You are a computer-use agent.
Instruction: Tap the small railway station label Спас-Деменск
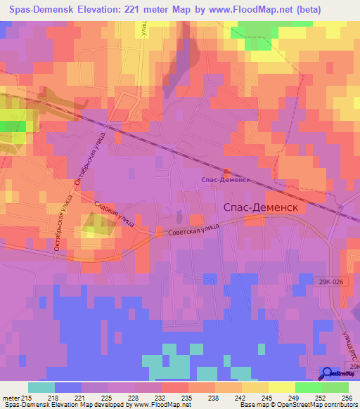pos(226,180)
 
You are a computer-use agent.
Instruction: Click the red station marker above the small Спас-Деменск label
pos(226,171)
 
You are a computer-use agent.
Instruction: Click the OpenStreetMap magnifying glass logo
pos(327,373)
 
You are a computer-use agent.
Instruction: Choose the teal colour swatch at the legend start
pos(41,387)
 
